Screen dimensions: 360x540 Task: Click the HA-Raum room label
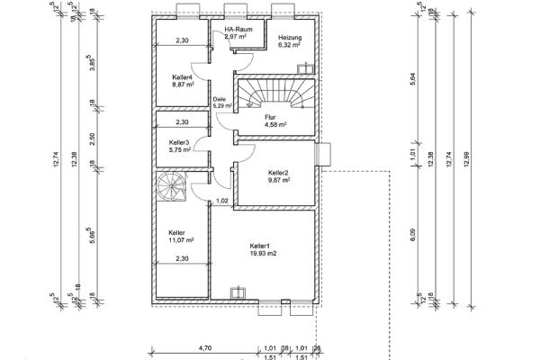(x=237, y=30)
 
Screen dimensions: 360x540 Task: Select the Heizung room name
(x=290, y=37)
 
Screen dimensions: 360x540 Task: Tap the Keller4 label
(x=183, y=77)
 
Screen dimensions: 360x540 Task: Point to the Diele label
(x=218, y=100)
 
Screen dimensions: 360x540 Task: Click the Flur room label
(x=270, y=117)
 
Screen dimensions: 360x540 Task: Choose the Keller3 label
(x=179, y=142)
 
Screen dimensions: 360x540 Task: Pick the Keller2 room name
(x=279, y=172)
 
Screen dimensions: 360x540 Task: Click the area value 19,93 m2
(x=263, y=253)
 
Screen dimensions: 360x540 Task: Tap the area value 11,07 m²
(x=181, y=240)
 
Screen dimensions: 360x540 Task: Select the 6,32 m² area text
(x=290, y=45)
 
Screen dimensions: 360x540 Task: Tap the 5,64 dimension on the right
(x=412, y=79)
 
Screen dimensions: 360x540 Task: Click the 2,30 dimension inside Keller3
(x=182, y=121)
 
